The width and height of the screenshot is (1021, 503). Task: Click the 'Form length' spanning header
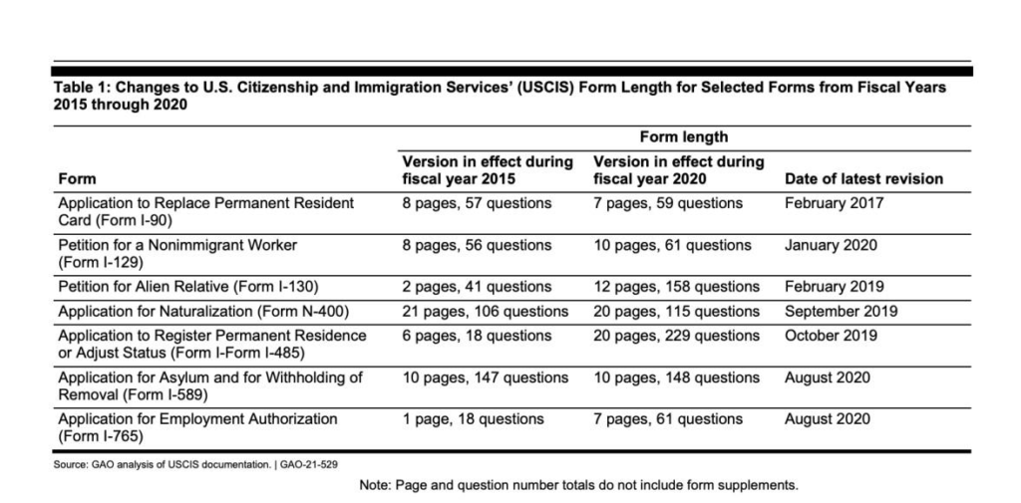click(x=683, y=137)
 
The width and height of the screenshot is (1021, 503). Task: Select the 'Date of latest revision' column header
click(x=863, y=179)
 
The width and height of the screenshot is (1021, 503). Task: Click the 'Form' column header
click(x=77, y=179)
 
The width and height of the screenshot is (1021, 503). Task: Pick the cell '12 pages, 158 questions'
click(x=676, y=287)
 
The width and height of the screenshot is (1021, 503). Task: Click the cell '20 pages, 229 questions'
click(x=676, y=336)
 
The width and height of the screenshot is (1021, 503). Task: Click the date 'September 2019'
click(x=841, y=311)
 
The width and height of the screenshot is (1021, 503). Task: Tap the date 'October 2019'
click(x=831, y=336)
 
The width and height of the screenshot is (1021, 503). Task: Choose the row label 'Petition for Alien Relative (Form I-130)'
click(x=188, y=287)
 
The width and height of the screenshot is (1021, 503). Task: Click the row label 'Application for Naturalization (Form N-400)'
click(x=202, y=311)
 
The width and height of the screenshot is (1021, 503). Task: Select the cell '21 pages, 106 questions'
click(x=485, y=311)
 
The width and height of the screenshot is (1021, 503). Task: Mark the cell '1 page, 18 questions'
click(x=473, y=419)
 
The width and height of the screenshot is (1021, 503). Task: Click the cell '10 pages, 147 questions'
click(x=485, y=377)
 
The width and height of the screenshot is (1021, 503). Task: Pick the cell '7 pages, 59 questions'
click(x=668, y=203)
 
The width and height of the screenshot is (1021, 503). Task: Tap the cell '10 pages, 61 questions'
click(x=672, y=245)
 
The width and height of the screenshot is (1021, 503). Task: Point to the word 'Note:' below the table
click(x=376, y=486)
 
